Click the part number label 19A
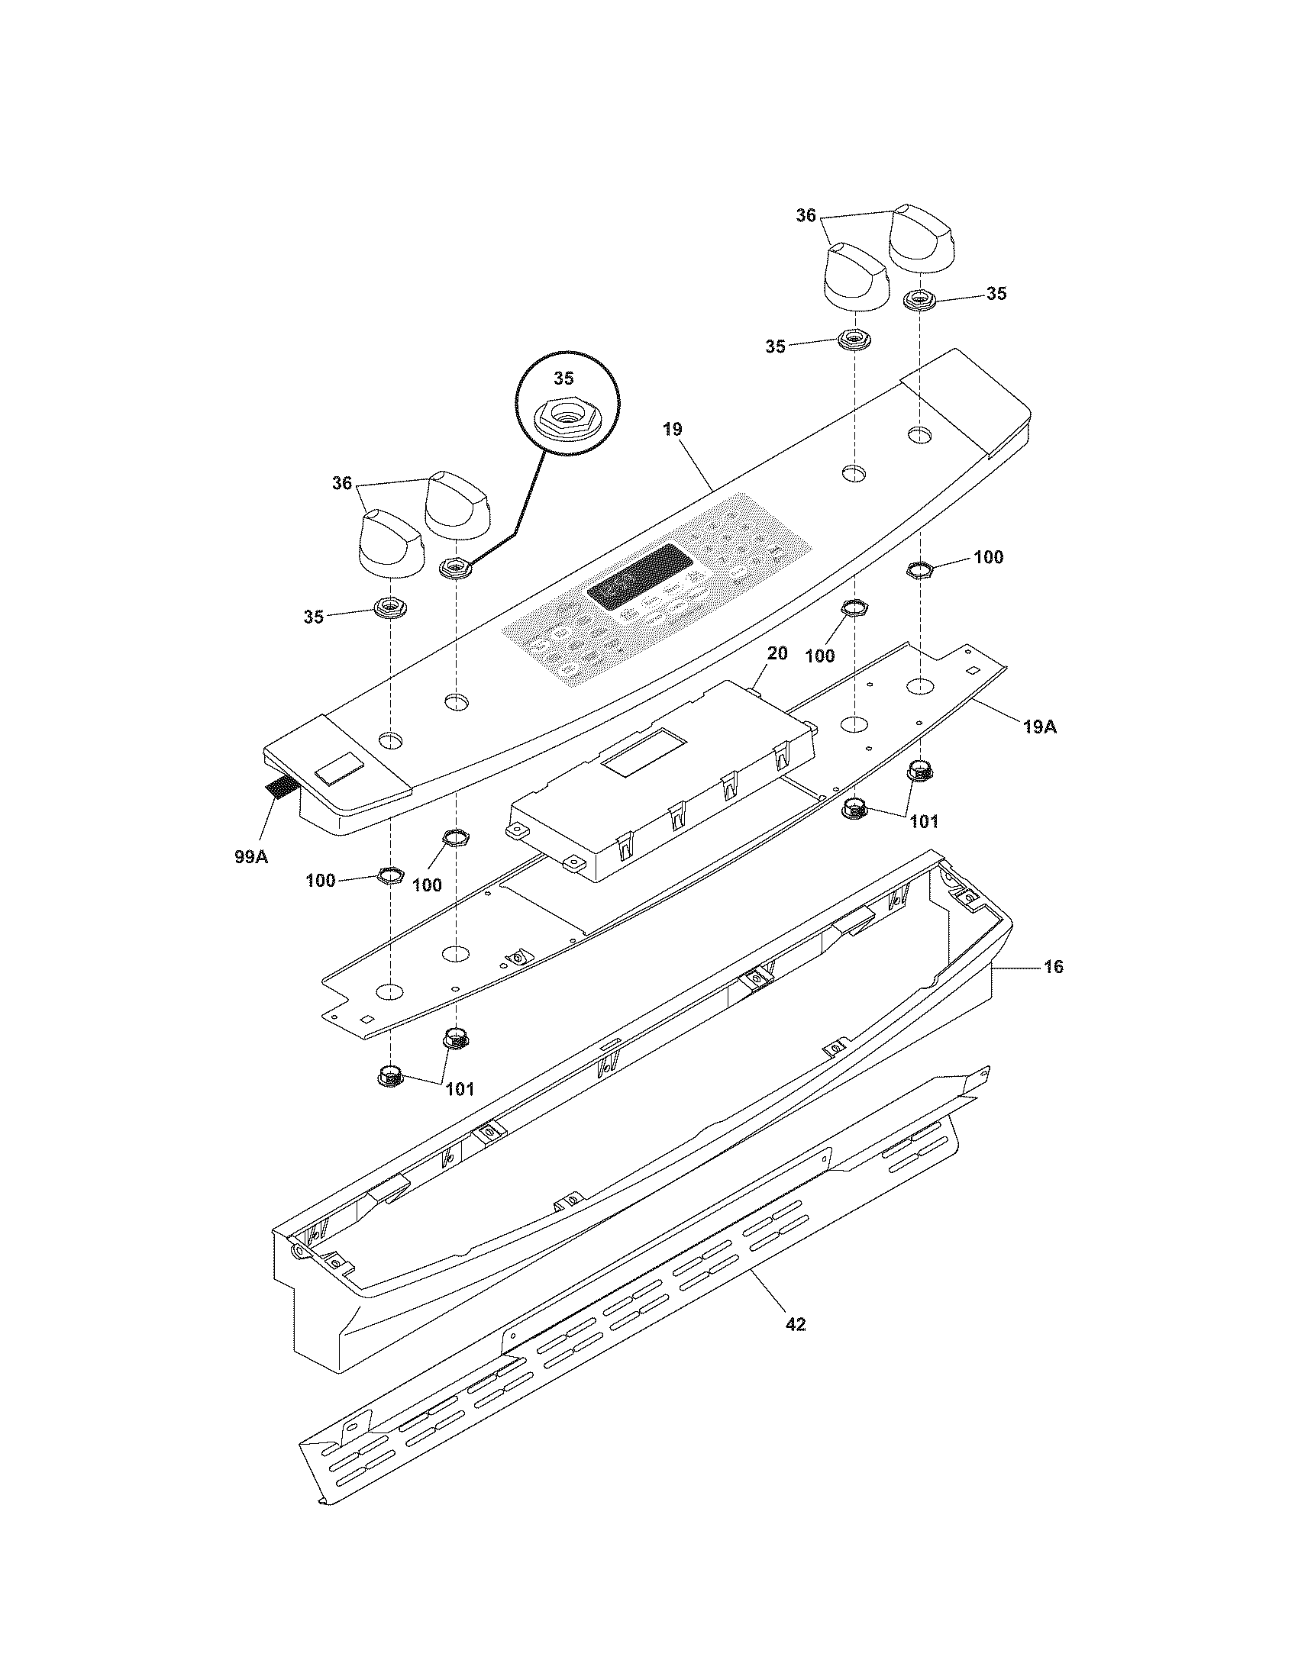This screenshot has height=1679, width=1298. (1039, 726)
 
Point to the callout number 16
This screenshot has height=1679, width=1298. (1054, 966)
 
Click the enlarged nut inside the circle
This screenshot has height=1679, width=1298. (567, 420)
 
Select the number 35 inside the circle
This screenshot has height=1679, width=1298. (563, 379)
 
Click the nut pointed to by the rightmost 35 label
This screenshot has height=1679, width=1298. (919, 299)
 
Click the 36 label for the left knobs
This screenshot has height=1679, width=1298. (341, 483)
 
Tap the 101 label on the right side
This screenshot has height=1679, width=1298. (924, 822)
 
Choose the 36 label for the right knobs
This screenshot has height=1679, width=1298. (805, 216)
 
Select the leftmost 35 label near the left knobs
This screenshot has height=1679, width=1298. (313, 616)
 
